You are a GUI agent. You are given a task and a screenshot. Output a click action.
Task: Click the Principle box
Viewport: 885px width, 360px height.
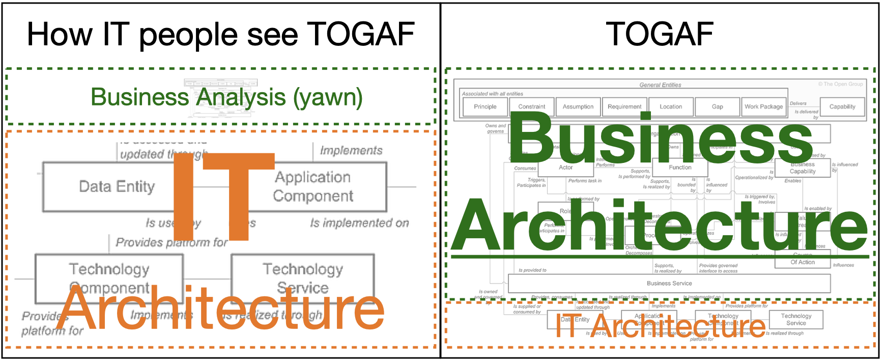(485, 107)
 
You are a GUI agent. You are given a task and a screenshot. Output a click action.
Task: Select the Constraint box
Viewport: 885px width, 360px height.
(531, 107)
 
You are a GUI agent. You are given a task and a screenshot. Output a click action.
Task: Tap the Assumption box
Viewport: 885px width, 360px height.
(578, 107)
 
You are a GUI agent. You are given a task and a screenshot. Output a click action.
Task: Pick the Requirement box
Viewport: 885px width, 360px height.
(624, 107)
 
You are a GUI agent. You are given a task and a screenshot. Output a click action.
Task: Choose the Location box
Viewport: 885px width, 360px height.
(671, 107)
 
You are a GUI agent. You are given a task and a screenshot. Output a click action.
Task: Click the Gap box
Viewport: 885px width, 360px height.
(717, 107)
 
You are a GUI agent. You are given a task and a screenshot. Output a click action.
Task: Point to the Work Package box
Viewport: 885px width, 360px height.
(763, 107)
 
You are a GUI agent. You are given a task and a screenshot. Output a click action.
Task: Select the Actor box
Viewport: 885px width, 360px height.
(565, 168)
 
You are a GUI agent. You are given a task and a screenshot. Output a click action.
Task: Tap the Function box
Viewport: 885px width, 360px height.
(680, 168)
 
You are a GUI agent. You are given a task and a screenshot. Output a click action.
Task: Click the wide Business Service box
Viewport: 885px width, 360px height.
(669, 284)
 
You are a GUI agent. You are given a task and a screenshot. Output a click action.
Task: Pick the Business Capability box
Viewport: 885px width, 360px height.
(803, 168)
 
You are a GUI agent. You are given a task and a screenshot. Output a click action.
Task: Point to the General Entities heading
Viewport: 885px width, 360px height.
(660, 85)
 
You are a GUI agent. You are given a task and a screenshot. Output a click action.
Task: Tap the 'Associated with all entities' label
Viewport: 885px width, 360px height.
(492, 94)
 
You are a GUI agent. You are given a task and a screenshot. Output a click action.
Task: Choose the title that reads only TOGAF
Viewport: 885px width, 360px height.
(660, 35)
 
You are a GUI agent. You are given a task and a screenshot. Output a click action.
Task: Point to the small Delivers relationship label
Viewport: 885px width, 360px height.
(798, 103)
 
